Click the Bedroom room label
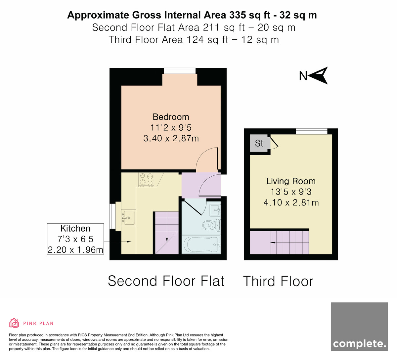point(171,117)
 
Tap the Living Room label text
point(291,181)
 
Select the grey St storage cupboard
point(260,143)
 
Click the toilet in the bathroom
point(211,225)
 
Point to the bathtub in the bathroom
point(201,245)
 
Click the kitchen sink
point(128,218)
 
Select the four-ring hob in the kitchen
point(146,180)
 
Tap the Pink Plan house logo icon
point(14,323)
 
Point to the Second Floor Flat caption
point(166,281)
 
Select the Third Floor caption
point(278,281)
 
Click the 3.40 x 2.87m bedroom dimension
point(171,138)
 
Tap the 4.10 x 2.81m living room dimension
point(291,202)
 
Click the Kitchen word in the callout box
point(75,229)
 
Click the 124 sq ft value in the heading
point(207,40)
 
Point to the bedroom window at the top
point(180,71)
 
